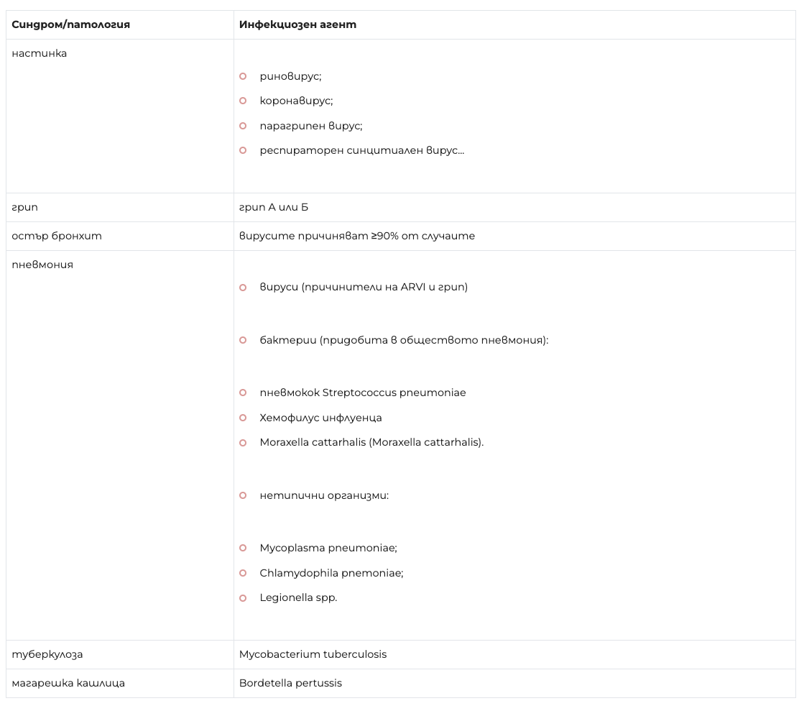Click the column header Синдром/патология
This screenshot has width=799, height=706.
pos(70,24)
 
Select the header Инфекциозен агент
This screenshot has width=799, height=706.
pos(297,24)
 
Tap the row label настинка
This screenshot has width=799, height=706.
pos(40,53)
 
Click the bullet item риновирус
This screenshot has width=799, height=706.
pos(290,76)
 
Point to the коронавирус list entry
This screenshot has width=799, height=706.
pos(296,101)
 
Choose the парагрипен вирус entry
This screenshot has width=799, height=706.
pos(310,126)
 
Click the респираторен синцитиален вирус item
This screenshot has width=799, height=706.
pos(361,150)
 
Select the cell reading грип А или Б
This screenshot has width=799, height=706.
pos(274,207)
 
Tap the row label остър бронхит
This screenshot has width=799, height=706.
pos(57,236)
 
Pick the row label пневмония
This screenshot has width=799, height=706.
pos(42,265)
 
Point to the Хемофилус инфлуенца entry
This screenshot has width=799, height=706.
pos(320,418)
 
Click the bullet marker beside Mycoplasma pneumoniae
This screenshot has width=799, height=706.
pos(243,548)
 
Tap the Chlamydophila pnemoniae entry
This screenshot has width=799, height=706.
pos(331,573)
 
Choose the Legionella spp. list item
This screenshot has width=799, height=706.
pos(298,597)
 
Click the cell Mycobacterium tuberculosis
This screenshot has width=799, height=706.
pos(313,654)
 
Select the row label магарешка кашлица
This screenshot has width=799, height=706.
pos(68,683)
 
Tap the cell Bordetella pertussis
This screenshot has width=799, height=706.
pos(290,683)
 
